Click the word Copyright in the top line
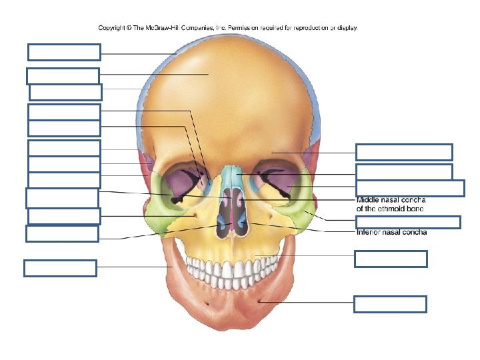pos(114,28)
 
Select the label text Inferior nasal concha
pos(392,233)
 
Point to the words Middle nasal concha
pos(391,199)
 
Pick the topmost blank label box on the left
pos(64,52)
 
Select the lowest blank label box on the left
pos(60,268)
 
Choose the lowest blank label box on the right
pos(390,305)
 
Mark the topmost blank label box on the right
pos(404,152)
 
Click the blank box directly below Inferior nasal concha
pos(391,259)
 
